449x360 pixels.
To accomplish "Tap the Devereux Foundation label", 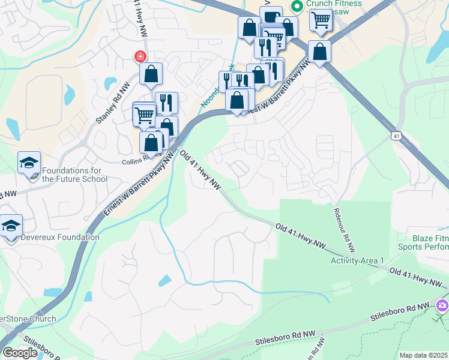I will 60,237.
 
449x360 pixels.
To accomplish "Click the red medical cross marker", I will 140,56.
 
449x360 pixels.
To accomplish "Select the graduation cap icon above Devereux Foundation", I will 11,226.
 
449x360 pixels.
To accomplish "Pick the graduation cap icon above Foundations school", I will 29,163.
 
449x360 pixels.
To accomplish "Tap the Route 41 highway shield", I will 397,136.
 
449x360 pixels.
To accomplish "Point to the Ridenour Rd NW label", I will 343,230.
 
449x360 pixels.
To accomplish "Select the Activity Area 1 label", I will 357,260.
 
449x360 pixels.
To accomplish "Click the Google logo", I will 20,353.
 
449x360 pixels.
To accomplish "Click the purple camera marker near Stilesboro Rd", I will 442,306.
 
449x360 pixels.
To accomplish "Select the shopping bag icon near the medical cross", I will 151,74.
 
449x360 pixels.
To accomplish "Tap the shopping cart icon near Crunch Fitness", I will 321,20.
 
